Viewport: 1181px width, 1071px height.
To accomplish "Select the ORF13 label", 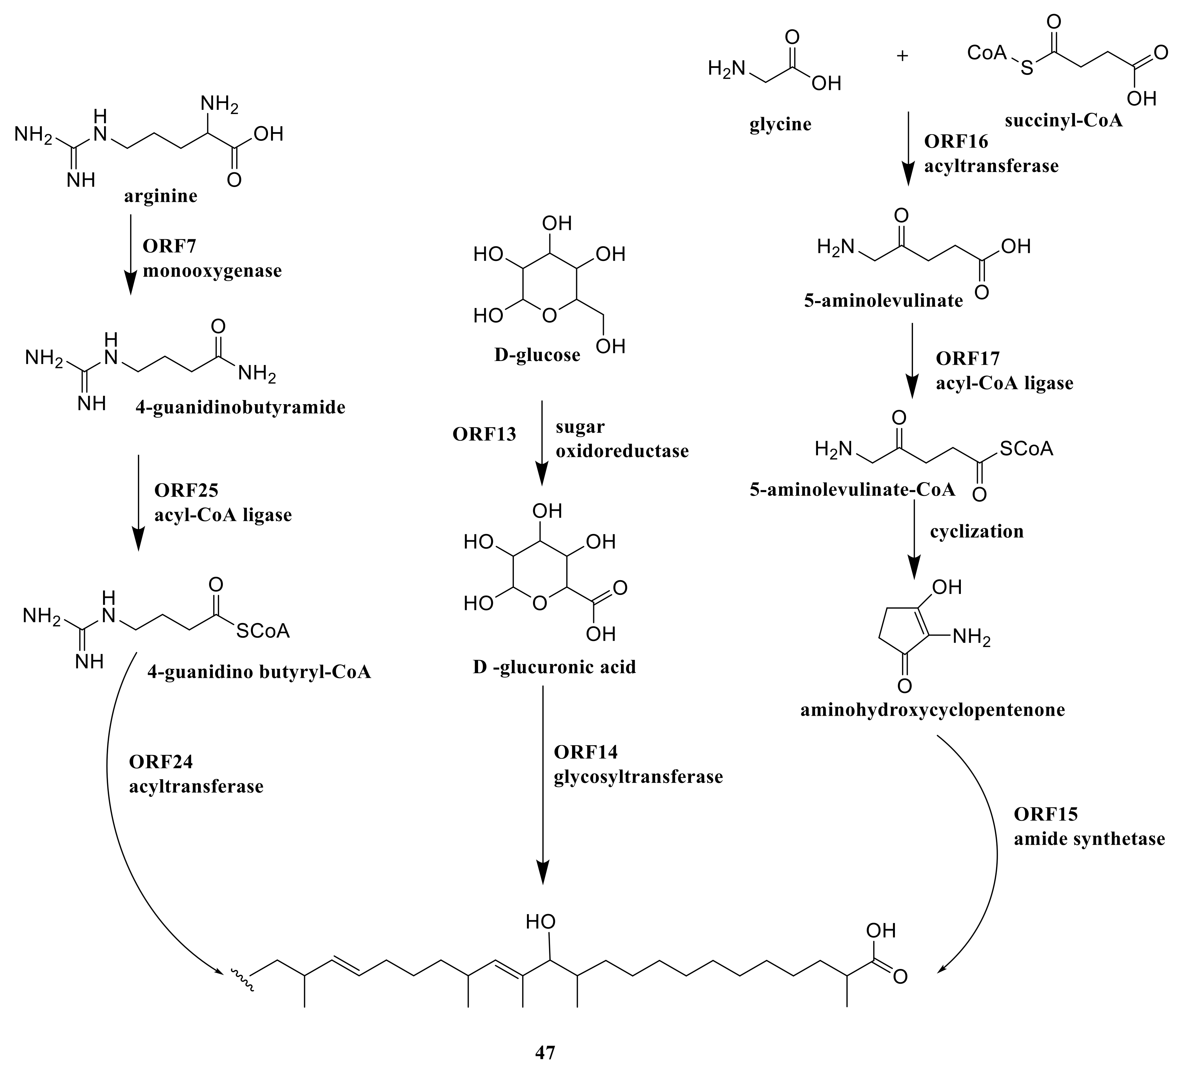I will click(484, 434).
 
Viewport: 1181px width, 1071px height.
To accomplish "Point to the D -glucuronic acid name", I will click(554, 667).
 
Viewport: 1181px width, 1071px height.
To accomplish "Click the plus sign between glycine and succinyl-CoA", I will click(903, 56).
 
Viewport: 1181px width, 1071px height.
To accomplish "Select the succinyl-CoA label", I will click(1063, 121).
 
